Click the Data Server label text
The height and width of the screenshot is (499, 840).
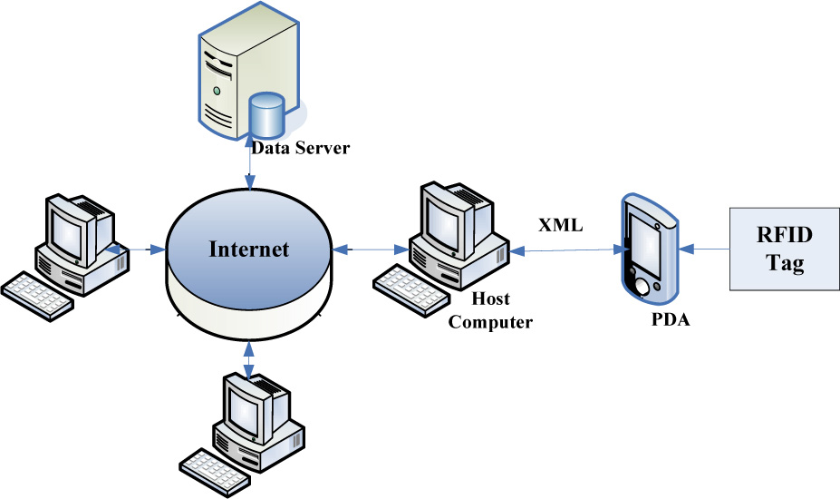[x=300, y=148]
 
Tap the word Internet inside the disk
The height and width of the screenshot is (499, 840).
[x=249, y=249]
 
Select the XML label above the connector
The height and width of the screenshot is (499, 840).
[x=561, y=224]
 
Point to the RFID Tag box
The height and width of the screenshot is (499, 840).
[x=784, y=249]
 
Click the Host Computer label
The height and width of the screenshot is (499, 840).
[x=490, y=309]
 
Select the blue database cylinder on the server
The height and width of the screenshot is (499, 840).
[x=267, y=115]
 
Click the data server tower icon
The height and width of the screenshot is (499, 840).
[x=237, y=76]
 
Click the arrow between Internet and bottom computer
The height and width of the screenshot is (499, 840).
[x=249, y=357]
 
